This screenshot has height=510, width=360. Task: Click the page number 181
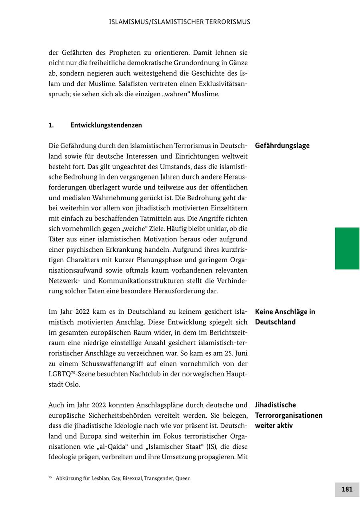tap(347, 489)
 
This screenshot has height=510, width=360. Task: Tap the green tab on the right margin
tap(347, 248)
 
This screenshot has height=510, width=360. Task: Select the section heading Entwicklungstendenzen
tap(106, 125)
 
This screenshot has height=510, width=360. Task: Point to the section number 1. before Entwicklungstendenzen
tap(51, 125)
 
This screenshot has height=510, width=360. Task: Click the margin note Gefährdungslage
tap(282, 145)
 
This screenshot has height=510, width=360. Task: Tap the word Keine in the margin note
tap(265, 312)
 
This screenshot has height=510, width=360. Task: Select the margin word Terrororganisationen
tap(288, 415)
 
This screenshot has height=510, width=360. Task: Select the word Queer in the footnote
tap(183, 478)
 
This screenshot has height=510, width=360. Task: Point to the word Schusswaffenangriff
tap(117, 364)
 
